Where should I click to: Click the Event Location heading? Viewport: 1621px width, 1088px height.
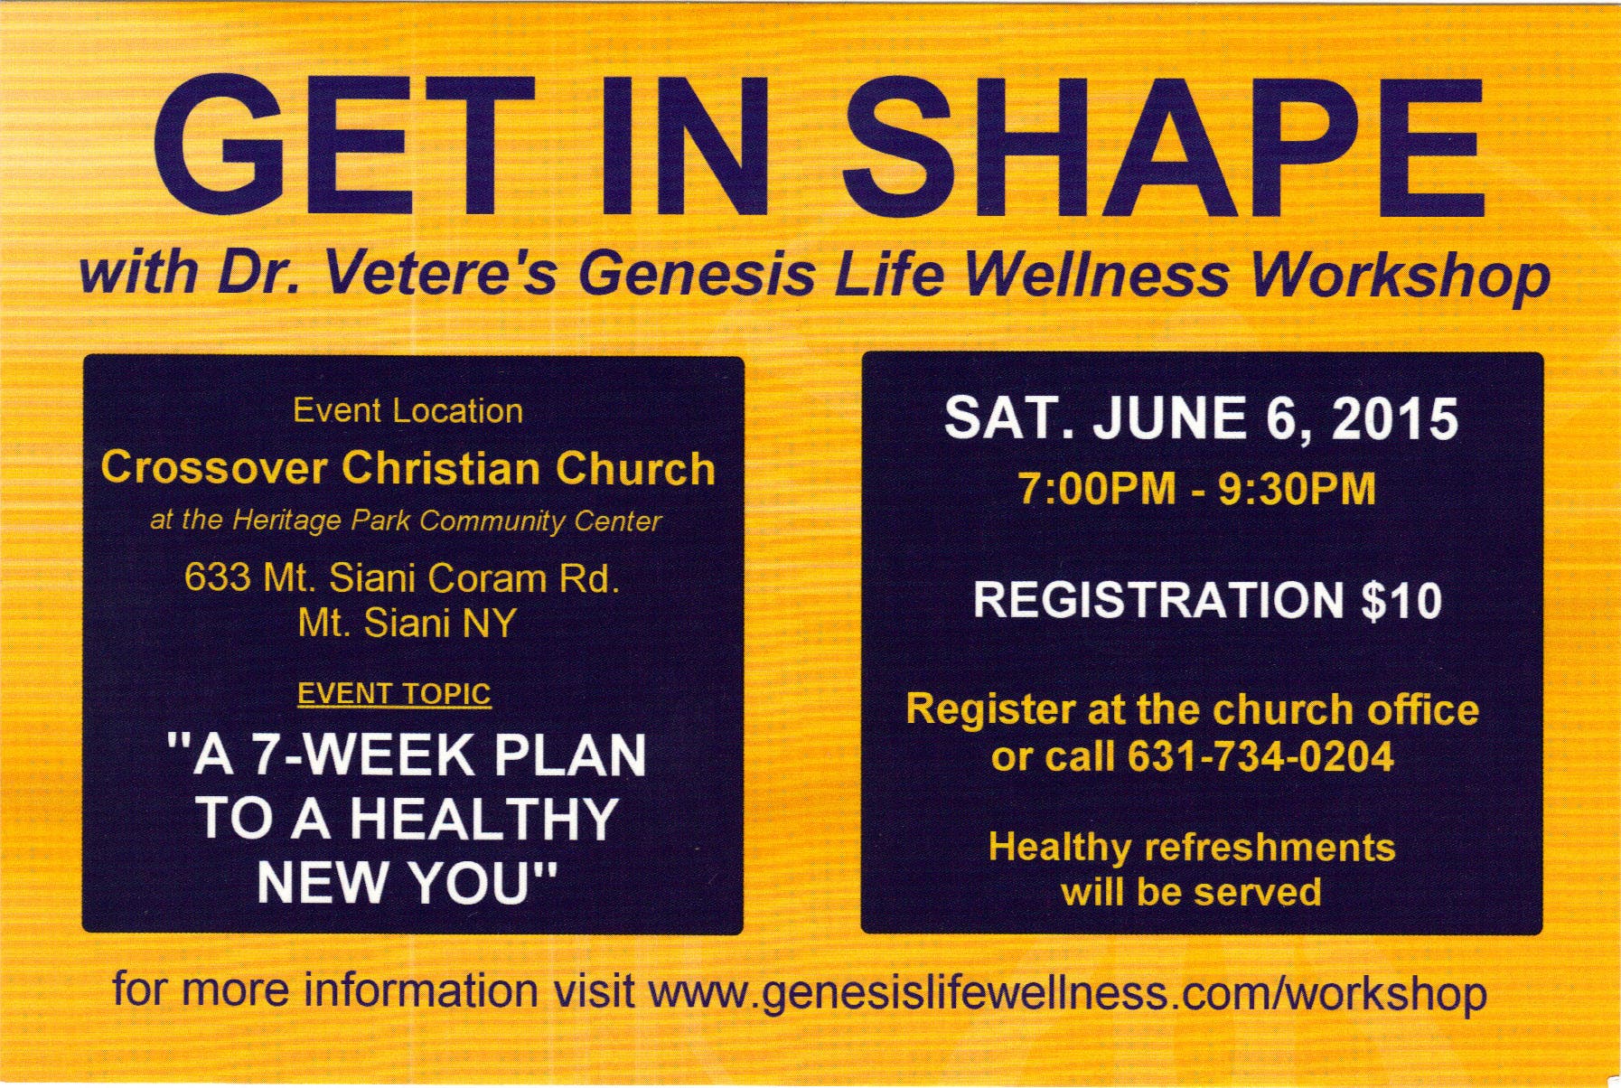click(x=408, y=411)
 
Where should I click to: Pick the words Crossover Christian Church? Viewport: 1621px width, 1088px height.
click(x=408, y=468)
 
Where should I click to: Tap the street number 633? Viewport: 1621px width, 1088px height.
click(x=218, y=578)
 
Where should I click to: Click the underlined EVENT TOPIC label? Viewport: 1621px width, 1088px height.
click(x=394, y=694)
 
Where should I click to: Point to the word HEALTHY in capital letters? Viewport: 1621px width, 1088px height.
click(x=483, y=818)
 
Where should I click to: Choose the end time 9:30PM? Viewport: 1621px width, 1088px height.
click(x=1297, y=490)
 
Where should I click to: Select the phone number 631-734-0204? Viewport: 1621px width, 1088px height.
click(x=1260, y=756)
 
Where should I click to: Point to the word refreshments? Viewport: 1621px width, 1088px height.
click(x=1270, y=848)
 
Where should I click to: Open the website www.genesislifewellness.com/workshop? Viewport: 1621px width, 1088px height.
click(x=1067, y=992)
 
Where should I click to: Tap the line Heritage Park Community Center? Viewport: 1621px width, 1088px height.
click(x=446, y=521)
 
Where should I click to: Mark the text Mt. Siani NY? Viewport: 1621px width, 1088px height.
click(x=407, y=624)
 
